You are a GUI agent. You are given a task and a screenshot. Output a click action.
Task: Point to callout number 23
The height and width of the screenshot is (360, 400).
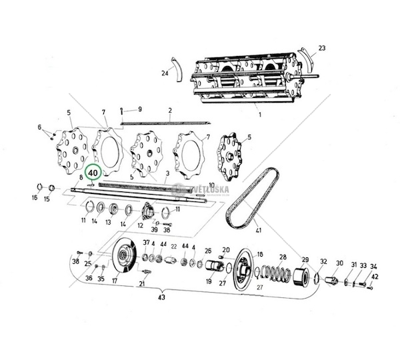coord(322,49)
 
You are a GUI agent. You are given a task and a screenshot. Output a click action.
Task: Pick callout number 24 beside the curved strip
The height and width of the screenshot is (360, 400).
coord(164,73)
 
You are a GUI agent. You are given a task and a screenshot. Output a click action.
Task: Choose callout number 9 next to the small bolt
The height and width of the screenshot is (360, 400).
coord(140,109)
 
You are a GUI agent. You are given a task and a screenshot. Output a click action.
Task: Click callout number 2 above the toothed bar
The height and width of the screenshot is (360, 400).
coord(170,110)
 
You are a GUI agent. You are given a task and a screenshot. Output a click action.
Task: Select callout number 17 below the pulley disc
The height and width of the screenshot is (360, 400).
coord(115,281)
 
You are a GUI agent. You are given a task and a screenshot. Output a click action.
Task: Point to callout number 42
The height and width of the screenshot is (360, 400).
coord(375,276)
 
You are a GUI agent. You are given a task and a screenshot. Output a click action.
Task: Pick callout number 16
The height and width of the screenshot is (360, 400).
coord(35,198)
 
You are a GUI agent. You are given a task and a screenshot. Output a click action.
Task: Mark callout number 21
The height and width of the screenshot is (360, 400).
coord(141,284)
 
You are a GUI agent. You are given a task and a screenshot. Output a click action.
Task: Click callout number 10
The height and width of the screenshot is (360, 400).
coord(211,185)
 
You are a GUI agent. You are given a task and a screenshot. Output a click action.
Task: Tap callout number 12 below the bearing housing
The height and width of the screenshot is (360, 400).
coord(140,225)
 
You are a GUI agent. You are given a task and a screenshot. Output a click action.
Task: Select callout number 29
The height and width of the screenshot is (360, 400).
coord(305,259)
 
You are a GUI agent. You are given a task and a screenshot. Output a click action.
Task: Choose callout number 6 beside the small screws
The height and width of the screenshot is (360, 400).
coord(39,127)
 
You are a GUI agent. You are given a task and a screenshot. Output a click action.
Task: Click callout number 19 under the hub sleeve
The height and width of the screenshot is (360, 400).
coord(208,281)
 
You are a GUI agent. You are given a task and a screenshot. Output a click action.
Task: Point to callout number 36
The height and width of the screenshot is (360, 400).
coord(89,278)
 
